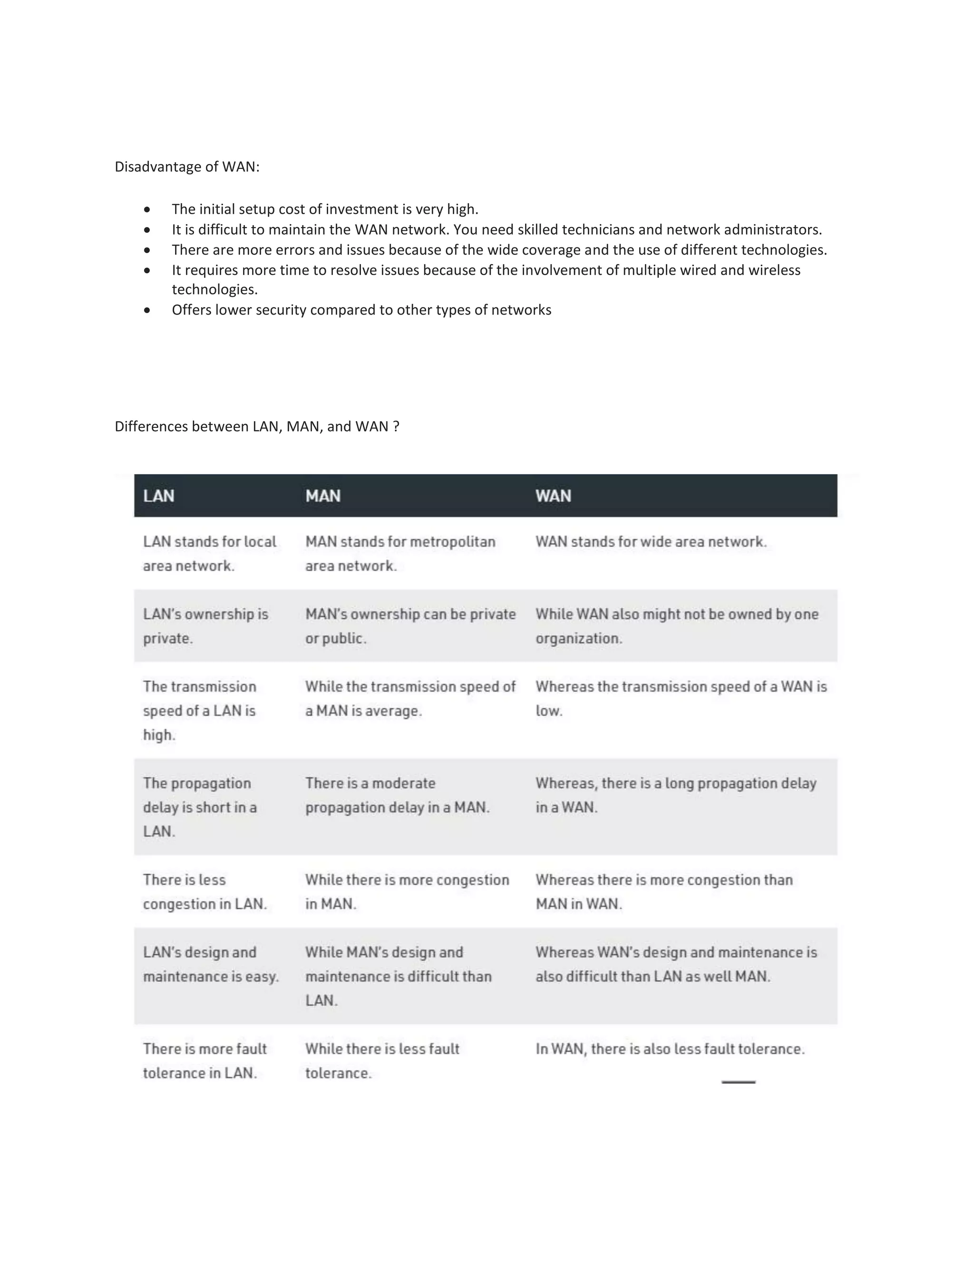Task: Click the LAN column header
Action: click(x=159, y=496)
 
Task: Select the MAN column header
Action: click(x=322, y=496)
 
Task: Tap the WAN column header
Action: click(x=553, y=496)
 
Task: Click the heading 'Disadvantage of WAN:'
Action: click(x=187, y=167)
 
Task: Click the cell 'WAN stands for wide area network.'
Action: click(x=651, y=542)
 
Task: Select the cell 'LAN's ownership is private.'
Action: click(x=205, y=626)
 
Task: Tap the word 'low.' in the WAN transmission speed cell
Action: click(x=548, y=711)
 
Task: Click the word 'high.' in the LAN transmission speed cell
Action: click(x=159, y=735)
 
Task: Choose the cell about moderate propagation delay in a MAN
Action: click(x=397, y=795)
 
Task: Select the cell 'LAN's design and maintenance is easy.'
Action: click(x=211, y=964)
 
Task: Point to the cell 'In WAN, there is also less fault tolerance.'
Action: click(x=669, y=1048)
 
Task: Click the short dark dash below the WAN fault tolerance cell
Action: click(x=738, y=1082)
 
